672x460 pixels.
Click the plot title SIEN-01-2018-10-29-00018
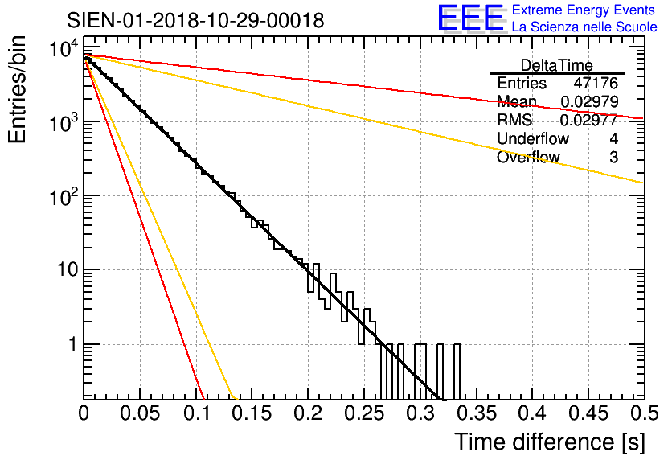pyautogui.click(x=195, y=20)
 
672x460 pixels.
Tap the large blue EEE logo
pyautogui.click(x=470, y=19)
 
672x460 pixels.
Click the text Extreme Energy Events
pyautogui.click(x=584, y=10)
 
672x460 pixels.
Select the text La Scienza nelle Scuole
pyautogui.click(x=584, y=27)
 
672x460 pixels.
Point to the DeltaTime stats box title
pyautogui.click(x=556, y=65)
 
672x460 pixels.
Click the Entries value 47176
pyautogui.click(x=596, y=84)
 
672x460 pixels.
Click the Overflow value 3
pyautogui.click(x=613, y=158)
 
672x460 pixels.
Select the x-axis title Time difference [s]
pyautogui.click(x=548, y=442)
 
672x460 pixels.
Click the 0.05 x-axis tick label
pyautogui.click(x=140, y=413)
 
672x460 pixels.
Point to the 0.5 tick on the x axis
pyautogui.click(x=640, y=413)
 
